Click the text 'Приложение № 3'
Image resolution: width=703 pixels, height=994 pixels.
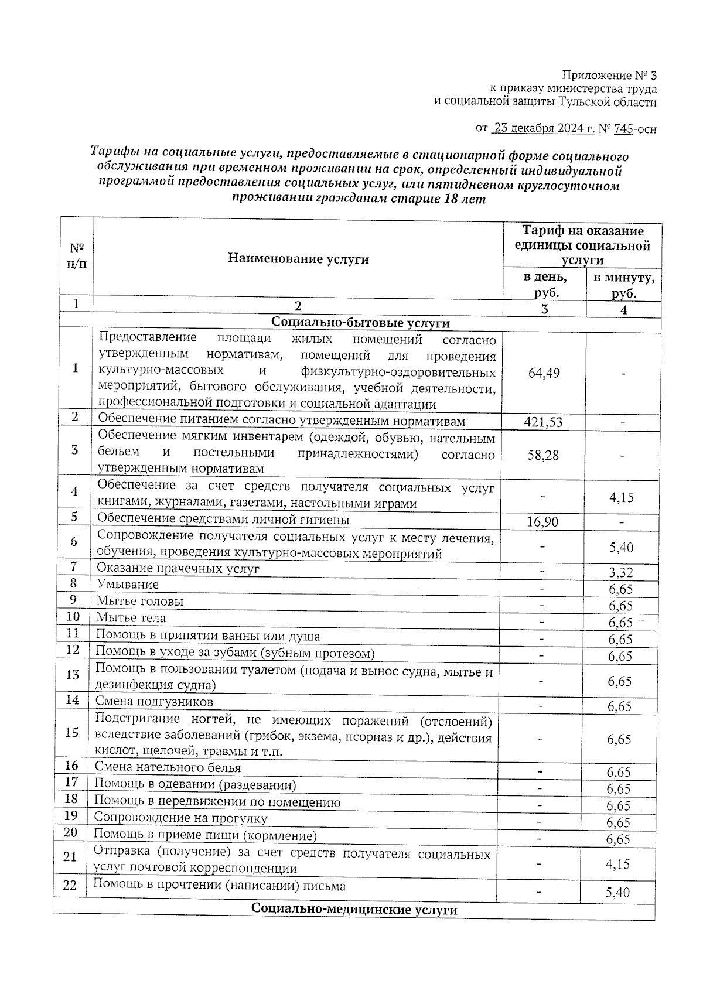(609, 76)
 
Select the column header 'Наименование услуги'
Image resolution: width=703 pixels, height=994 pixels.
(298, 259)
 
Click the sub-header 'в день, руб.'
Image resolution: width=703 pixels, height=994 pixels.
(545, 285)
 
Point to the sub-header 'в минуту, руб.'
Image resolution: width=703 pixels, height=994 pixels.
(624, 285)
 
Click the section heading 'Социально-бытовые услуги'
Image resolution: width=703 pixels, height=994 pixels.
(361, 323)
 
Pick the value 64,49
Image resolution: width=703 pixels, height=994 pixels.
(544, 373)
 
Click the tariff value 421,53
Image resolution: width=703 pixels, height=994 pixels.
(543, 422)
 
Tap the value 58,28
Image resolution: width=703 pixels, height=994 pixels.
(543, 455)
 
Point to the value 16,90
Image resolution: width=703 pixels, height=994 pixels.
(542, 521)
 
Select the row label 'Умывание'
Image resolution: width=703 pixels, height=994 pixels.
(127, 585)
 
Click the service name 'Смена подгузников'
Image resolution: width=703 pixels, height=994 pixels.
(154, 702)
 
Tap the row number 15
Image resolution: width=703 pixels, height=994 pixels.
(72, 733)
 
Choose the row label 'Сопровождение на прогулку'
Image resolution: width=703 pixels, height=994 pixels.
(180, 818)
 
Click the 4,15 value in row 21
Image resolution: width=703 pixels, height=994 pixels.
(618, 863)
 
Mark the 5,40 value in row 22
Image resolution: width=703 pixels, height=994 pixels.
(618, 893)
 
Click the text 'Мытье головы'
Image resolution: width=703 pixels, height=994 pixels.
(140, 601)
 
